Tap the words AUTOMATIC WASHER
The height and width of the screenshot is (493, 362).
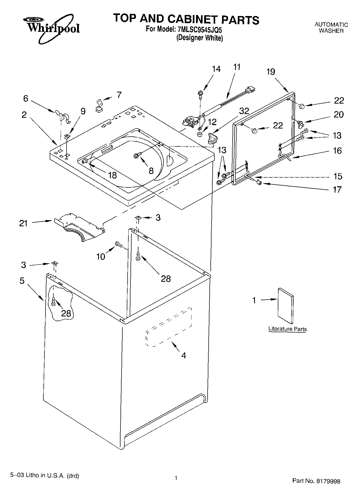331,28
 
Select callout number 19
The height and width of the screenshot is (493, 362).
271,72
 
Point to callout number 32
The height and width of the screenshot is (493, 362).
244,111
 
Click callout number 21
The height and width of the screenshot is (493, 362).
23,223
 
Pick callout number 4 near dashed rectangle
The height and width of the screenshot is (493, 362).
184,355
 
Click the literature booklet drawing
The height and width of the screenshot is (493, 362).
286,306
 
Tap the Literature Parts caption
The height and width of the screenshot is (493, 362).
288,329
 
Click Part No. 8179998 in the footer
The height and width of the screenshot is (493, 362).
316,481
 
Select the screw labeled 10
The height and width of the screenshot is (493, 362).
119,245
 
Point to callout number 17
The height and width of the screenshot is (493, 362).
337,189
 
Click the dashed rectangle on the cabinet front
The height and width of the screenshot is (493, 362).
168,327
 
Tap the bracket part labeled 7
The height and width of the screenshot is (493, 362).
99,106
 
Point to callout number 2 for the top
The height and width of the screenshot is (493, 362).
24,115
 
